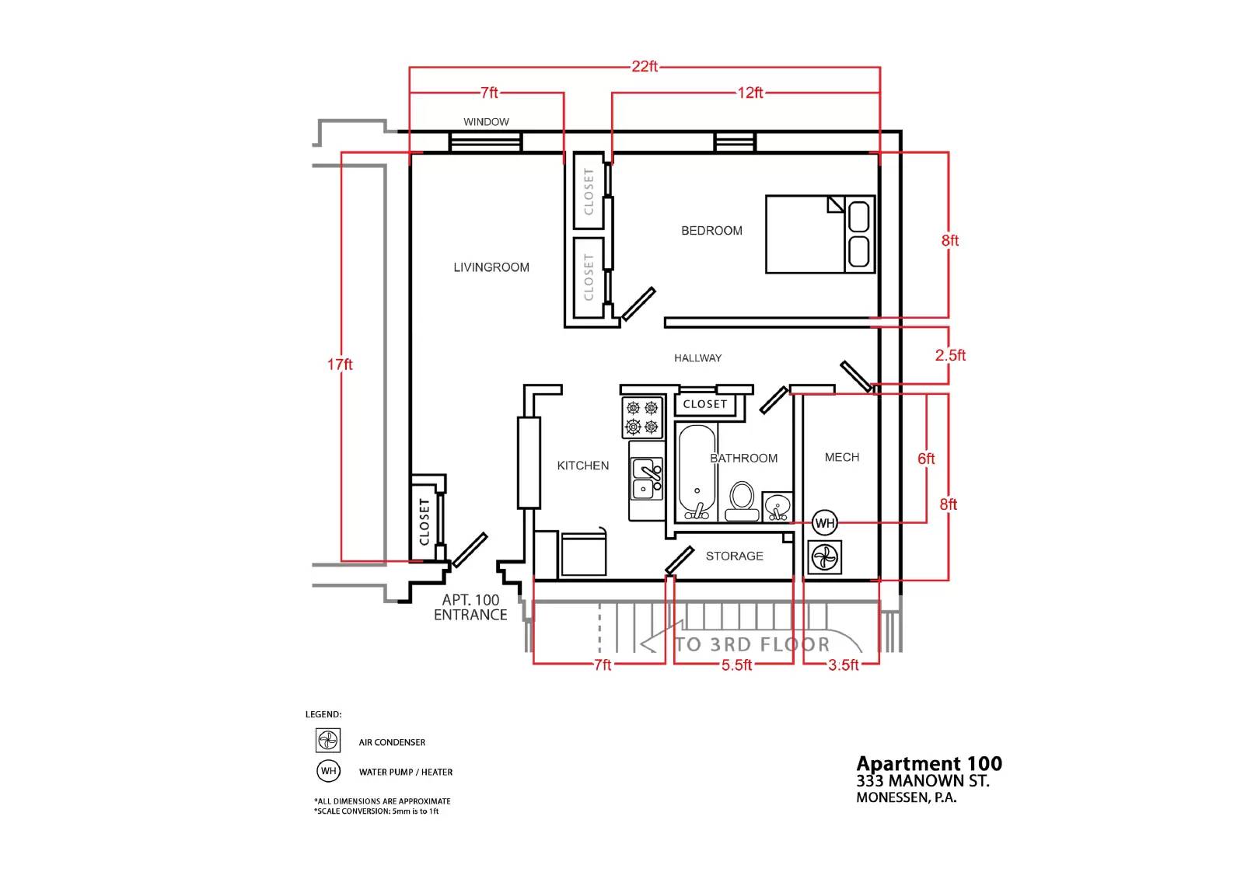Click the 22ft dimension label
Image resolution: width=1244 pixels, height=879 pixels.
(x=645, y=67)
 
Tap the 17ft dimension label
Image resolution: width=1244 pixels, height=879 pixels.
(x=340, y=365)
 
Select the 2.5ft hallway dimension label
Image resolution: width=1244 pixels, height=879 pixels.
(x=950, y=355)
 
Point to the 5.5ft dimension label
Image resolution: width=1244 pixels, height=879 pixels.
(x=736, y=664)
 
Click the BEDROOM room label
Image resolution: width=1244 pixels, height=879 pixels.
(x=711, y=231)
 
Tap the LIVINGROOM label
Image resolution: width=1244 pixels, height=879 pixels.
(x=491, y=267)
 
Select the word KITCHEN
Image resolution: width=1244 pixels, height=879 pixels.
(x=582, y=466)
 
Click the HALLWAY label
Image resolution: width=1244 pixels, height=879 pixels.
(x=697, y=358)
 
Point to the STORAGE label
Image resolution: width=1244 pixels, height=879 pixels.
(x=734, y=556)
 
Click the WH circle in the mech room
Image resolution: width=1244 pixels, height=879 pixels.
(x=825, y=522)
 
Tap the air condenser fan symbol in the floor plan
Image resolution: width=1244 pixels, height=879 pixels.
(x=825, y=557)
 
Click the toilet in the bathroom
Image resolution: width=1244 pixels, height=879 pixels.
(x=742, y=501)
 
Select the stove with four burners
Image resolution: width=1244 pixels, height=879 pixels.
(x=642, y=417)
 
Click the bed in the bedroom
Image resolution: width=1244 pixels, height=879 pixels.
(x=820, y=235)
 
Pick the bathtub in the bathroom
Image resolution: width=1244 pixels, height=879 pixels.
(x=697, y=473)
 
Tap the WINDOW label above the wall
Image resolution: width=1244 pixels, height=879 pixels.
(x=486, y=121)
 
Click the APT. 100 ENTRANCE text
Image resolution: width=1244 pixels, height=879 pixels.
(x=470, y=608)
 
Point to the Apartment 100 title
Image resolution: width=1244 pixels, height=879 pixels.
(x=929, y=763)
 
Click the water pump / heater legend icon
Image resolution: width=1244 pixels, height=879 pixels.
(x=328, y=771)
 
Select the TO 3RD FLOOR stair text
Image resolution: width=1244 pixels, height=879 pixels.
(x=752, y=644)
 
